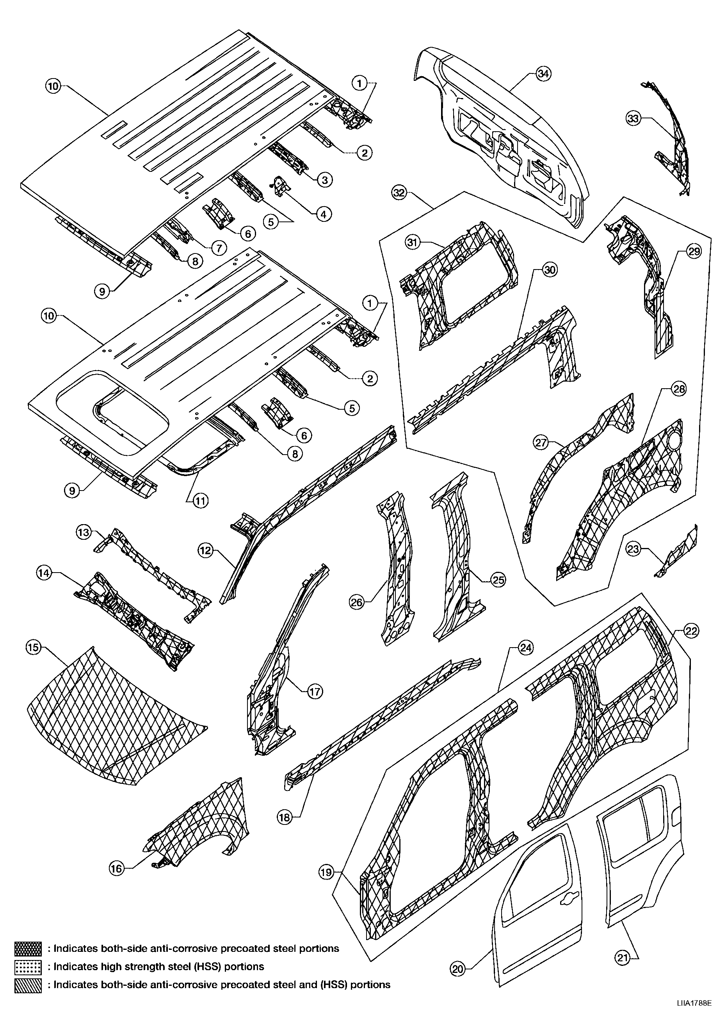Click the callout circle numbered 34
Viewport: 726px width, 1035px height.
[544, 73]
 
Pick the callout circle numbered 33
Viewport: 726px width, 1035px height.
[633, 119]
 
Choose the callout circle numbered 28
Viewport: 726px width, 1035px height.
[678, 389]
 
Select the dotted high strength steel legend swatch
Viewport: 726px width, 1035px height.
[28, 967]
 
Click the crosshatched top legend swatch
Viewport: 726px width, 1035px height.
[28, 948]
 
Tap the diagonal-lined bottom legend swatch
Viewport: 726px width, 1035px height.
[28, 985]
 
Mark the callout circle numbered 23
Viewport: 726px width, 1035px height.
[633, 549]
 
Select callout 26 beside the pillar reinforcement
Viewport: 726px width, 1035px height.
[357, 602]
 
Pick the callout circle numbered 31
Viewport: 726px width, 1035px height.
[413, 243]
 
